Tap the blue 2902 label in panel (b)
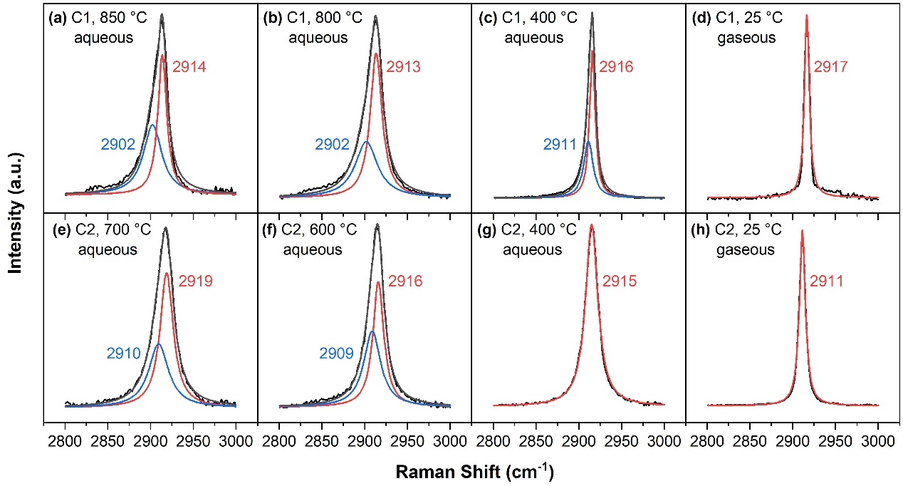(333, 144)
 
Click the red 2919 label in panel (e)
(196, 281)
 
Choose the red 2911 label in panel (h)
(826, 281)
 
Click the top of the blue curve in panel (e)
(157, 344)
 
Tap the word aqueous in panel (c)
(534, 38)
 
